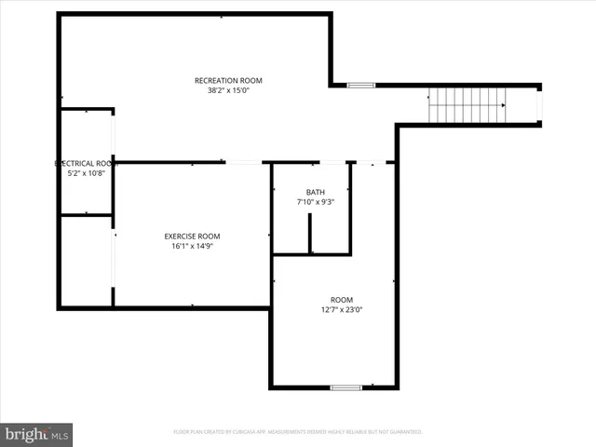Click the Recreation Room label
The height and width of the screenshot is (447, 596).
tap(228, 80)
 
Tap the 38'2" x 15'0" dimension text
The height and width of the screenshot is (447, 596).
tap(228, 90)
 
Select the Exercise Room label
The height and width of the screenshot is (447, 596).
tap(192, 237)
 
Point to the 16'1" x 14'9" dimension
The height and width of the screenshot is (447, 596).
tap(192, 247)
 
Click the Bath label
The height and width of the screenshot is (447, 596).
tap(315, 193)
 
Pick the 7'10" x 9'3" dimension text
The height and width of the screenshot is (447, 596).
tap(315, 202)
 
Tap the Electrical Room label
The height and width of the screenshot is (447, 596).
tap(87, 163)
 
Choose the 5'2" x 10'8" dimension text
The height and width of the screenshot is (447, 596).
tap(87, 173)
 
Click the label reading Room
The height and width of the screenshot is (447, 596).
tap(341, 300)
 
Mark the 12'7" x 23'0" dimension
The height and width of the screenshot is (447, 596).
tap(341, 310)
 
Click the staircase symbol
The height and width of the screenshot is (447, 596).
tap(467, 105)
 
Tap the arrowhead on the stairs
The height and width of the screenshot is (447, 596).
tap(503, 105)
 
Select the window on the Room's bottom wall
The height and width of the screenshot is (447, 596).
tap(346, 386)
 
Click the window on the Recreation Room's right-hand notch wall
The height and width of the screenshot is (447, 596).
tap(360, 86)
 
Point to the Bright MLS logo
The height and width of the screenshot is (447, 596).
tap(37, 434)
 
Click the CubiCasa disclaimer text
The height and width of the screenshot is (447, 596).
tap(298, 432)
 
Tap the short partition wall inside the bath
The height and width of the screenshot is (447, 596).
tap(310, 234)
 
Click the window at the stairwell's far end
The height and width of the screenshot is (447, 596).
tap(539, 105)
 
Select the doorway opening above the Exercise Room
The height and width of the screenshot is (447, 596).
tap(244, 162)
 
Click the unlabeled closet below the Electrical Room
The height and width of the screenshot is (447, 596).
tap(86, 261)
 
